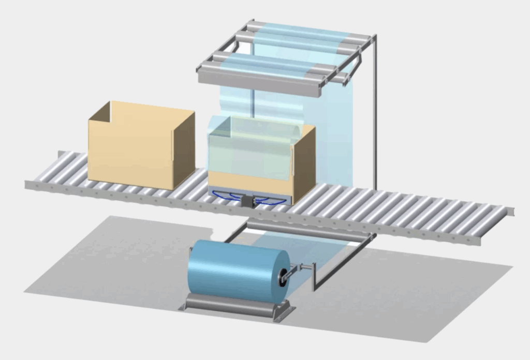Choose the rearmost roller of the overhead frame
[x=311, y=29]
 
